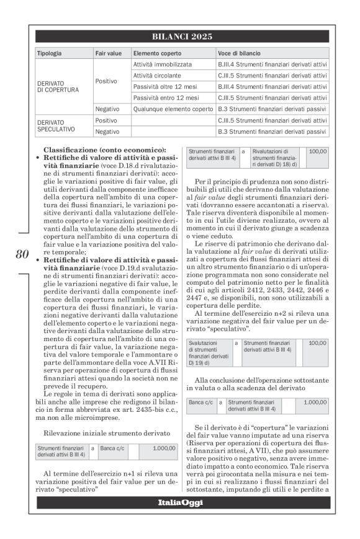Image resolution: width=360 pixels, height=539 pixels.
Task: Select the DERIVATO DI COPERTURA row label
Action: (x=58, y=86)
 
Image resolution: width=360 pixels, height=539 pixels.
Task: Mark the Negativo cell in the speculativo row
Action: (x=107, y=131)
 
